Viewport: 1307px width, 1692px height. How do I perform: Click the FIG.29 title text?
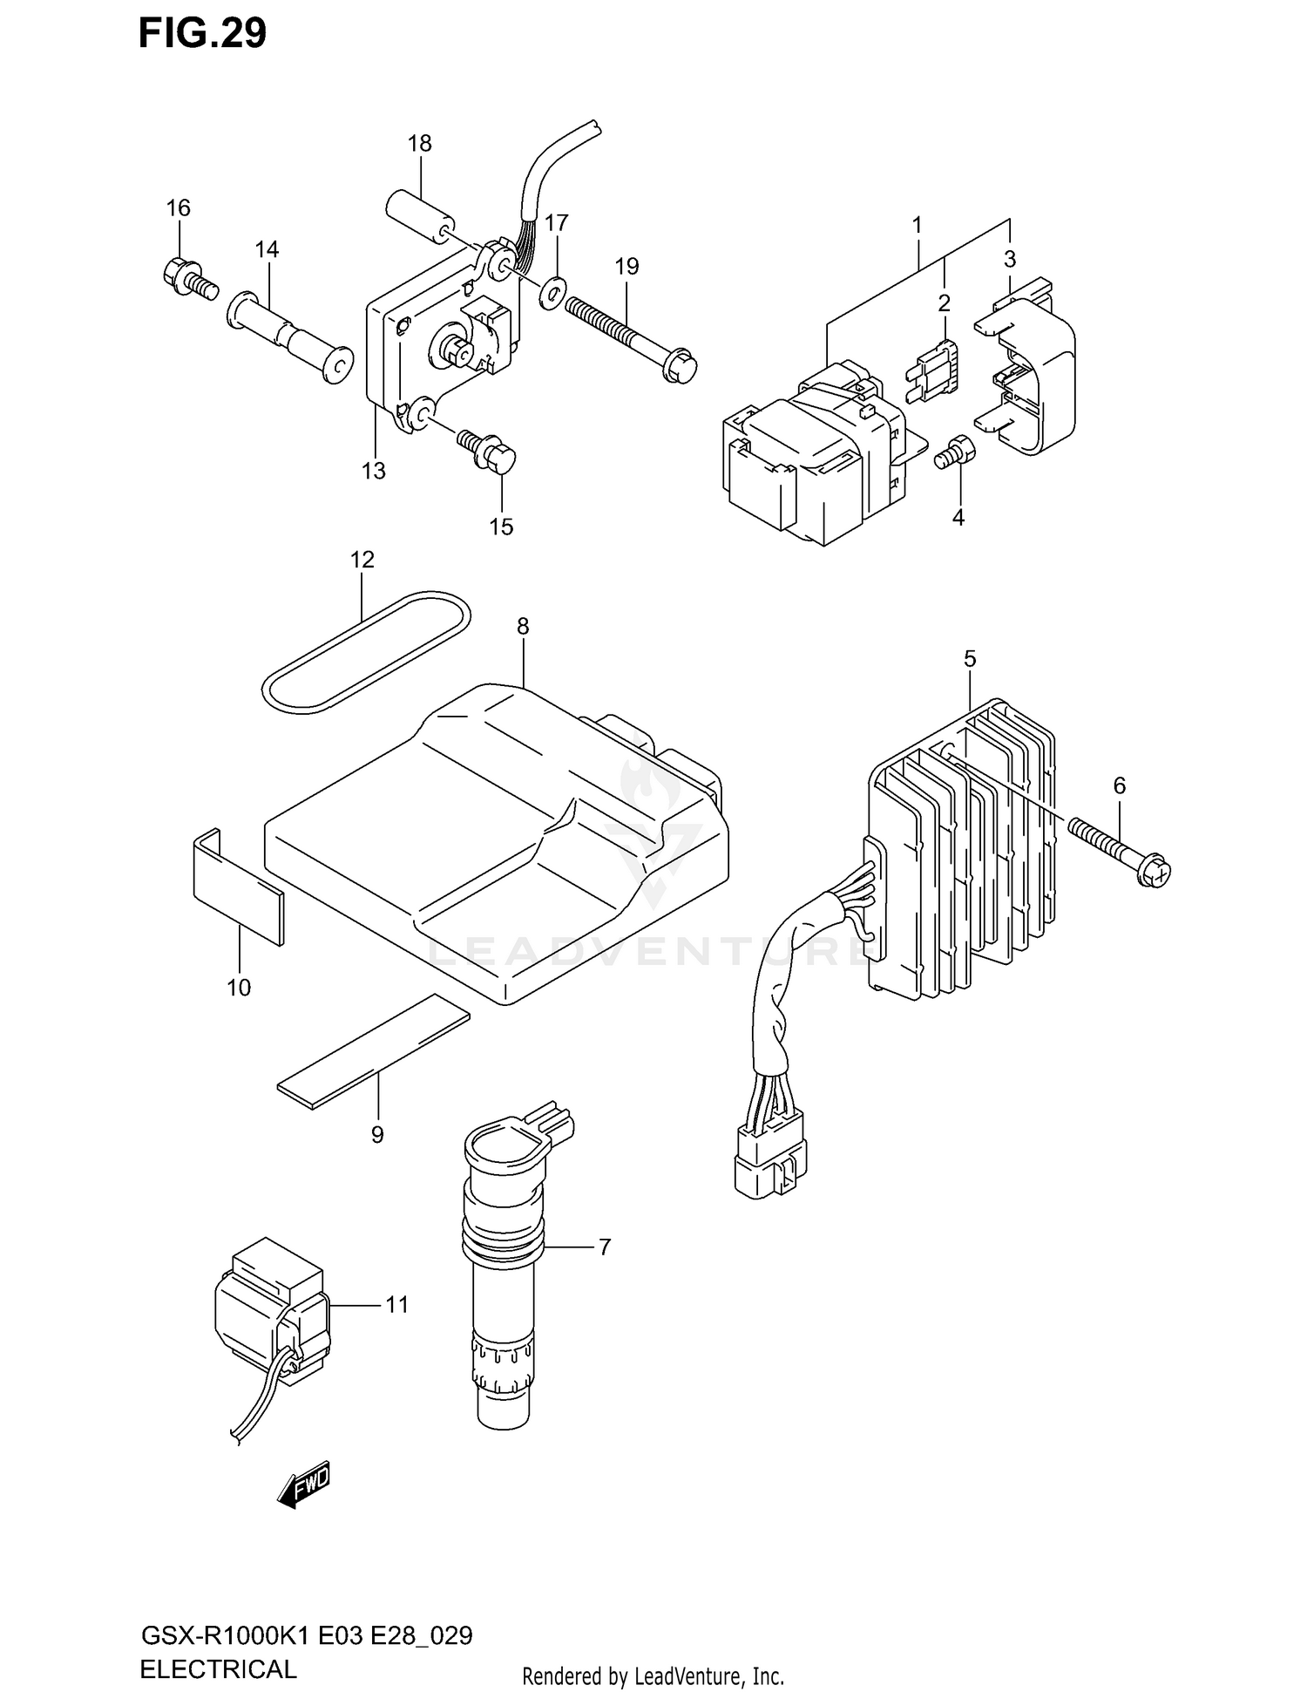pyautogui.click(x=202, y=33)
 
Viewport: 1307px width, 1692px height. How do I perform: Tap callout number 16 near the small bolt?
pyautogui.click(x=179, y=208)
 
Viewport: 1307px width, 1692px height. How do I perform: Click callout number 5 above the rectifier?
pyautogui.click(x=970, y=660)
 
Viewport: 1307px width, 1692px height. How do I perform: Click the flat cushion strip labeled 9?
pyautogui.click(x=373, y=1052)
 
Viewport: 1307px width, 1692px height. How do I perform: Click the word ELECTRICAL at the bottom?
pyautogui.click(x=218, y=1668)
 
